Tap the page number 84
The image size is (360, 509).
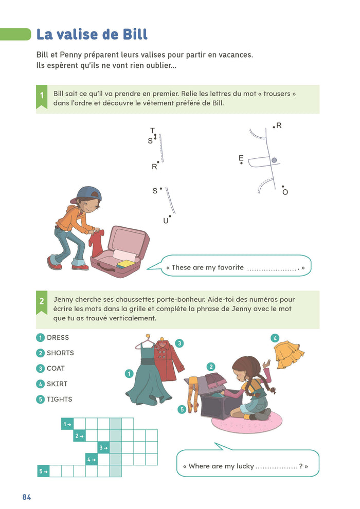[27, 497]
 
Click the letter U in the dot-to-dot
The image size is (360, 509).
[166, 221]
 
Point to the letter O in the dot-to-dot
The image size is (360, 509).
[285, 192]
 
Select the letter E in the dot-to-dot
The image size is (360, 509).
[241, 158]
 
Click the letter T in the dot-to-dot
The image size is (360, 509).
[152, 131]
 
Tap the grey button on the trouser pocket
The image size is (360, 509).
[274, 160]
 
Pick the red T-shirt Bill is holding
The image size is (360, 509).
[96, 243]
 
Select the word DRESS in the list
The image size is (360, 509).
[58, 338]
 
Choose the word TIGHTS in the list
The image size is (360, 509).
[60, 399]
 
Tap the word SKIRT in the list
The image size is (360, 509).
[57, 384]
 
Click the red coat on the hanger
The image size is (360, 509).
[167, 359]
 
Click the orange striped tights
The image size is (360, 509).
[193, 394]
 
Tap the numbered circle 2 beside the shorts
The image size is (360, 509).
[211, 367]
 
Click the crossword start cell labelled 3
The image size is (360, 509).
[103, 448]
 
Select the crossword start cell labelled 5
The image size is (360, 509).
[44, 471]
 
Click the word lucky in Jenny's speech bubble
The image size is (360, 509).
[245, 466]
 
